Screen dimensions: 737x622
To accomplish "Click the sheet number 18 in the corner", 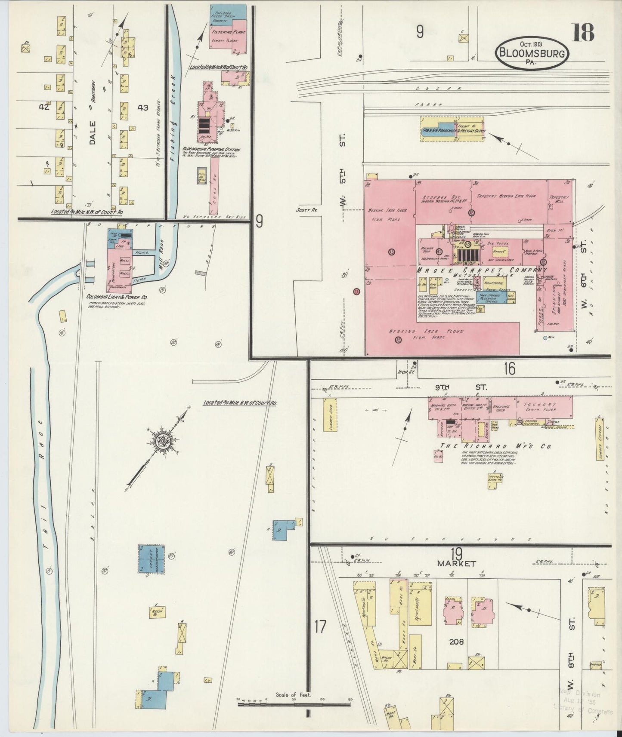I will tap(583, 32).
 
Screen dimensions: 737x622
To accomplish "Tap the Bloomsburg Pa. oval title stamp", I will tap(532, 52).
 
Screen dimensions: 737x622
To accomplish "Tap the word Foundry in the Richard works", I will tap(540, 405).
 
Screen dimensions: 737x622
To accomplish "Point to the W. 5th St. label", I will tap(343, 172).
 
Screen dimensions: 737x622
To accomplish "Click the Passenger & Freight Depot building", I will tap(452, 130).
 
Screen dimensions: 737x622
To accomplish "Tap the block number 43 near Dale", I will tap(142, 107).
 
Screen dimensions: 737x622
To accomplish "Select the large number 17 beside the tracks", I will tap(320, 626).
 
